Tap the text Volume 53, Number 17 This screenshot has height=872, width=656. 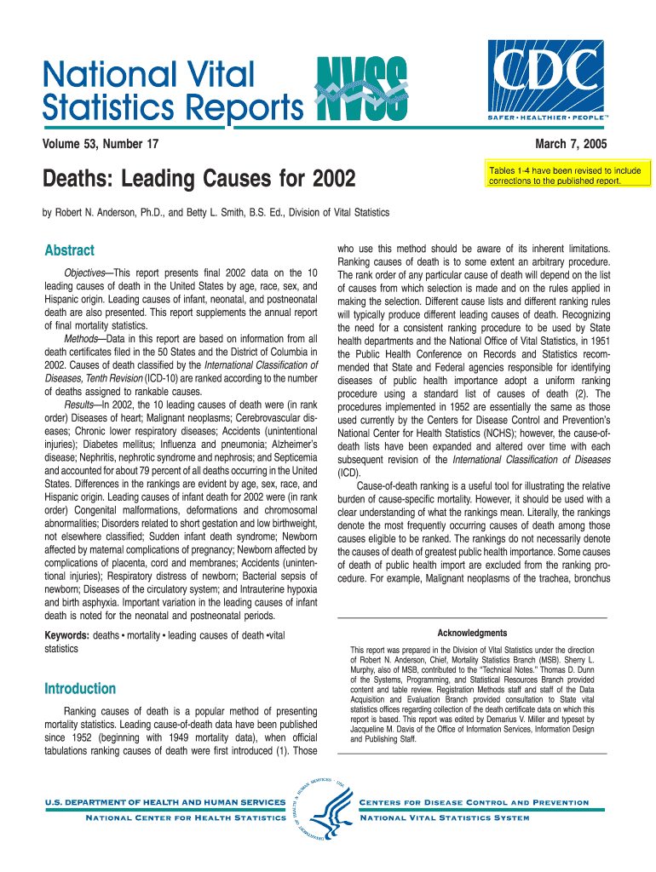coord(101,144)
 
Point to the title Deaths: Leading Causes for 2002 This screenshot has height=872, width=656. coord(197,180)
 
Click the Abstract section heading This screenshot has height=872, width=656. coord(68,250)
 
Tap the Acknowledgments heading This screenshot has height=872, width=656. coord(472,633)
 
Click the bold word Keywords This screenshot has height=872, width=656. coord(66,635)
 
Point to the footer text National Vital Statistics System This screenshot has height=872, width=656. coord(446,817)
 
